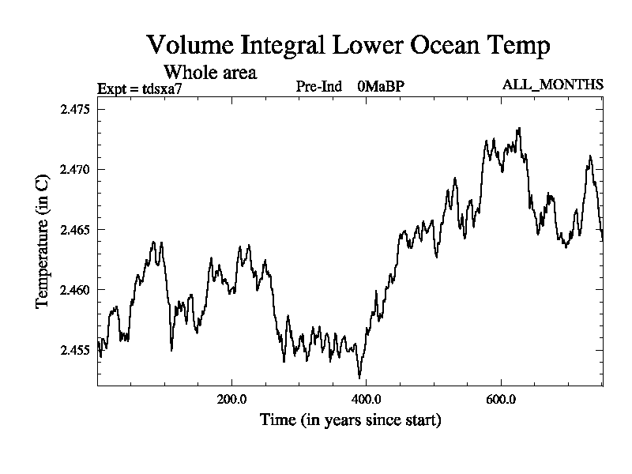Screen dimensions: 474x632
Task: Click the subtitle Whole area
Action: pos(209,73)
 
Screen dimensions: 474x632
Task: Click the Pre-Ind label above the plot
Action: pos(318,86)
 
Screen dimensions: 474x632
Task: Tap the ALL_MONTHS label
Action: pos(553,85)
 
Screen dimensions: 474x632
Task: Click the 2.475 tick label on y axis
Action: pos(76,109)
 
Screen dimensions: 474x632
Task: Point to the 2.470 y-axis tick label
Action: pos(76,169)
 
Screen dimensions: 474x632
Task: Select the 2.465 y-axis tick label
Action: pos(76,230)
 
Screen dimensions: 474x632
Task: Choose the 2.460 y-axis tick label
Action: pos(76,290)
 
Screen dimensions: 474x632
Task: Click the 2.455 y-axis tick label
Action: pos(76,350)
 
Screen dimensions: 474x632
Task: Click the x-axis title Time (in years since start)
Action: pos(350,419)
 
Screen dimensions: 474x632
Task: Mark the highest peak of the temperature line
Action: pos(519,128)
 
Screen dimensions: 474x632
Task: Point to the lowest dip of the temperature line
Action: pos(359,378)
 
